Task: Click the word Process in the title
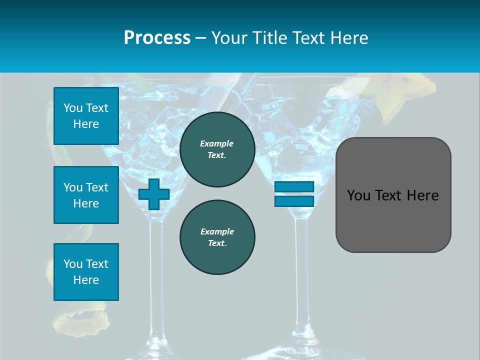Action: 157,38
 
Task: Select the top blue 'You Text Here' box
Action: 86,116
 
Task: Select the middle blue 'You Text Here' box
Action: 86,195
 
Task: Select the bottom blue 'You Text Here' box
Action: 86,272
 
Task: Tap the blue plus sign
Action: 154,194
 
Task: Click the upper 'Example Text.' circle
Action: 217,149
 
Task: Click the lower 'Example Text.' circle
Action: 217,237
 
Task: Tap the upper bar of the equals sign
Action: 294,187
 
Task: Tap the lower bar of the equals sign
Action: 294,201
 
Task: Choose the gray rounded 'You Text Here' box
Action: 393,195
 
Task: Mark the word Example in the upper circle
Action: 217,143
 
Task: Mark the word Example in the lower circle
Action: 217,231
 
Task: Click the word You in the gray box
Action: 358,195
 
